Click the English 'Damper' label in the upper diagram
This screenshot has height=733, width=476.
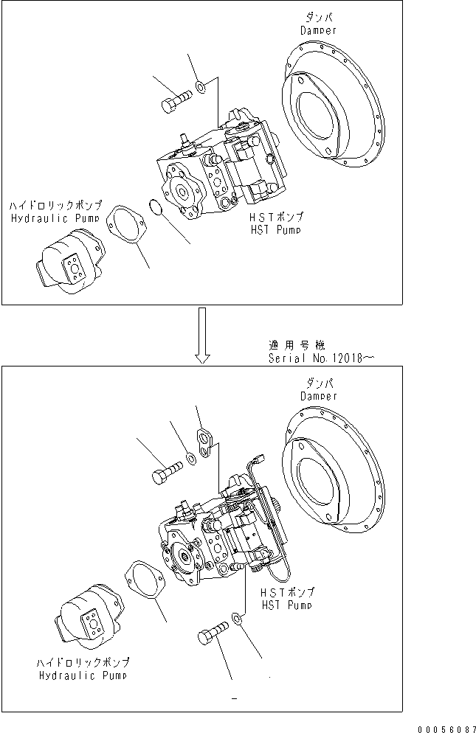coord(318,30)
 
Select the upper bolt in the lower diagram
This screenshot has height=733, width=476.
coord(167,473)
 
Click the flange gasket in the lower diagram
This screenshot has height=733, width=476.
coord(145,578)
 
